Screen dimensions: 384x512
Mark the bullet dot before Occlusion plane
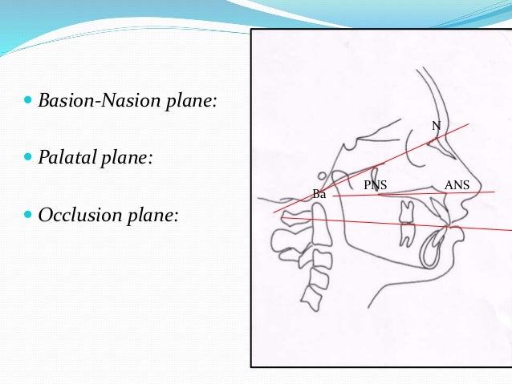(30, 215)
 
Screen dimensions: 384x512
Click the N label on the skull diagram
(436, 126)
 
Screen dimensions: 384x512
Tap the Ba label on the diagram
(319, 194)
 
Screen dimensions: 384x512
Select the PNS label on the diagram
(375, 185)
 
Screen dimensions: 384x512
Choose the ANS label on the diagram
(457, 185)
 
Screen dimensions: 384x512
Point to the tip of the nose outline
(480, 186)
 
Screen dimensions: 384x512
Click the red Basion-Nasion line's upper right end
(469, 123)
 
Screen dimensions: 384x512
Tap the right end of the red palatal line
(494, 192)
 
